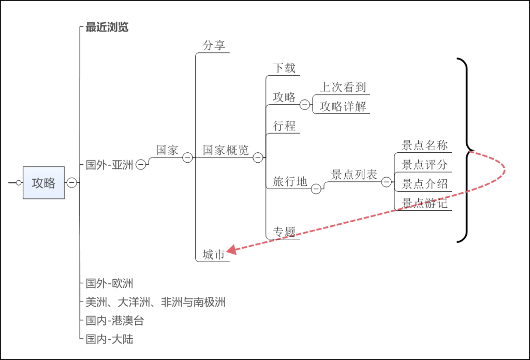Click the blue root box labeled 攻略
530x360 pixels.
(x=43, y=182)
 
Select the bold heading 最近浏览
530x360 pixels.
(x=107, y=27)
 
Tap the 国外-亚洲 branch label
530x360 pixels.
(x=109, y=165)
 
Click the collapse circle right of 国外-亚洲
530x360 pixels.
(x=141, y=165)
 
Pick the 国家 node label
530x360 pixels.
(x=167, y=150)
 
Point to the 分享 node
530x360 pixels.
(x=214, y=46)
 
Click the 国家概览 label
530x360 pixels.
(x=226, y=150)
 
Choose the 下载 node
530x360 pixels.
(x=284, y=68)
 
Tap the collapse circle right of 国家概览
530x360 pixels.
(x=258, y=157)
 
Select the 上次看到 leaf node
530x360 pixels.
(x=343, y=87)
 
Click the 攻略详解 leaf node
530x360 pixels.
(x=343, y=106)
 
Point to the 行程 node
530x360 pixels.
(x=284, y=126)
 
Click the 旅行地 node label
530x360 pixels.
(x=290, y=181)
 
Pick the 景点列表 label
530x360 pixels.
(x=355, y=175)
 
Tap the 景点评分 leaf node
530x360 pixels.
(x=424, y=165)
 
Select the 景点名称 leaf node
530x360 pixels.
(x=424, y=145)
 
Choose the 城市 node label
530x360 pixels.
(x=214, y=254)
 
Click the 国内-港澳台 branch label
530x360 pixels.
(x=114, y=321)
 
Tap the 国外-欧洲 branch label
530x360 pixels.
(x=109, y=283)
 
